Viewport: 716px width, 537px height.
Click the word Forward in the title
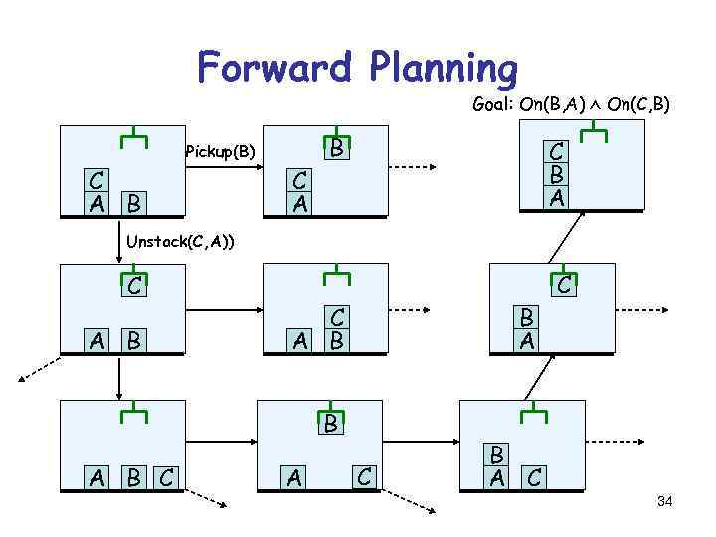click(273, 67)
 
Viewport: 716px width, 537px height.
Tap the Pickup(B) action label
click(220, 152)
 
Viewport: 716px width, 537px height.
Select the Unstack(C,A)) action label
click(179, 240)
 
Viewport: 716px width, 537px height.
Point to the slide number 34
click(665, 501)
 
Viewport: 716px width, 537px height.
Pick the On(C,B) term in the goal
click(647, 104)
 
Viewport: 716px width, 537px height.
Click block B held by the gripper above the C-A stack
click(337, 150)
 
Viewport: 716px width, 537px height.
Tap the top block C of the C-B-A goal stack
click(557, 153)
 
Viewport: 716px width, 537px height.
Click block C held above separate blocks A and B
click(133, 287)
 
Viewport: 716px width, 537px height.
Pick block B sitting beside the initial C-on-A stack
click(132, 204)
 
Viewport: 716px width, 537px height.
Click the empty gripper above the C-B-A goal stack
click(595, 134)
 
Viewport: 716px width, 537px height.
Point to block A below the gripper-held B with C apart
click(295, 478)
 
